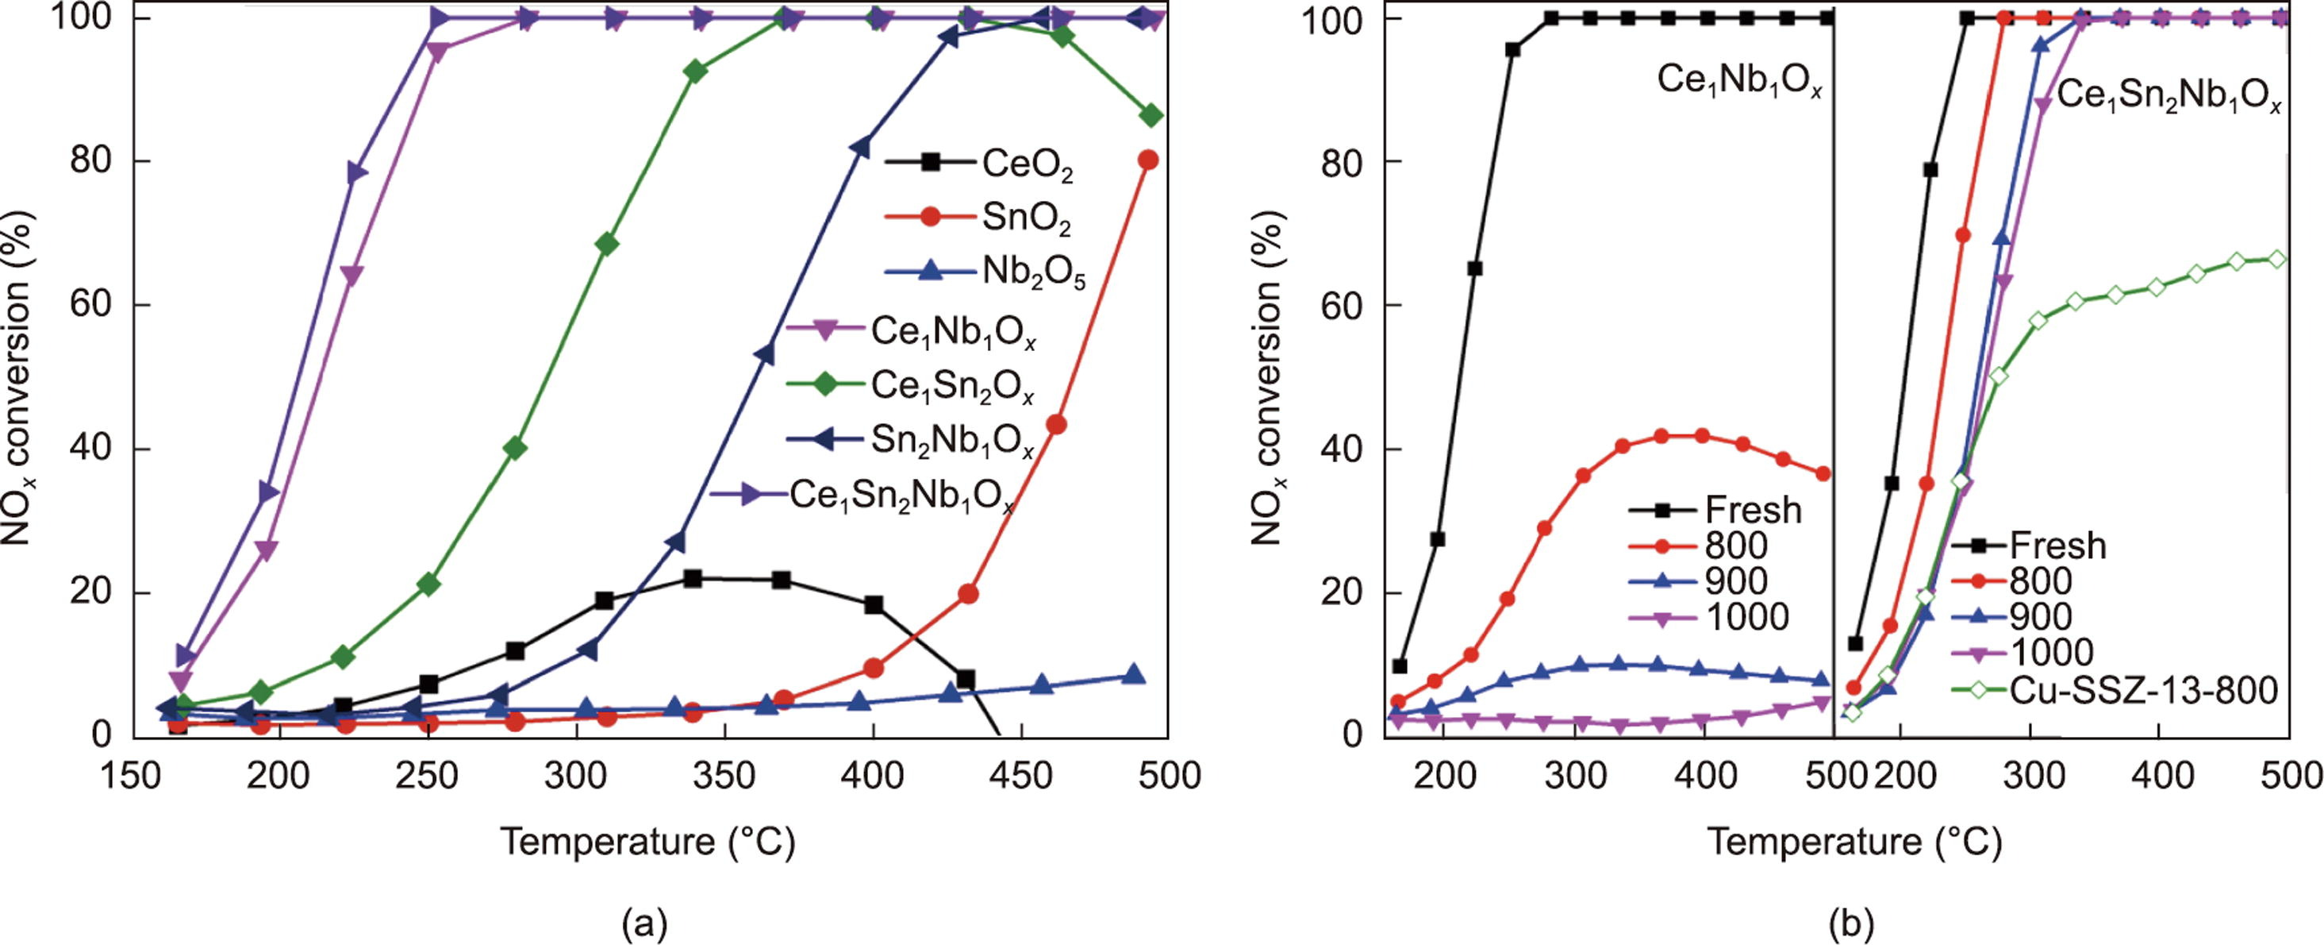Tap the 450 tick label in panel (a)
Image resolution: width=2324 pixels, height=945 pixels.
pyautogui.click(x=1020, y=776)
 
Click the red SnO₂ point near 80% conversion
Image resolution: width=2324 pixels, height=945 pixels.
pyautogui.click(x=1147, y=160)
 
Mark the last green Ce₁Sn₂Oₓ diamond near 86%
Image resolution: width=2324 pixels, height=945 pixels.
pyautogui.click(x=1150, y=115)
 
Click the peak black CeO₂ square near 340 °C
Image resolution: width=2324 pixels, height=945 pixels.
pyautogui.click(x=692, y=579)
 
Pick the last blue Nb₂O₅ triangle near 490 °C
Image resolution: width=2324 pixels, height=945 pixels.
pyautogui.click(x=1134, y=675)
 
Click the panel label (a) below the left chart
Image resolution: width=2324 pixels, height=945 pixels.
pyautogui.click(x=645, y=924)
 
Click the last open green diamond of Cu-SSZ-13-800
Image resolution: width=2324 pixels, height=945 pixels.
pyautogui.click(x=2276, y=259)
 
